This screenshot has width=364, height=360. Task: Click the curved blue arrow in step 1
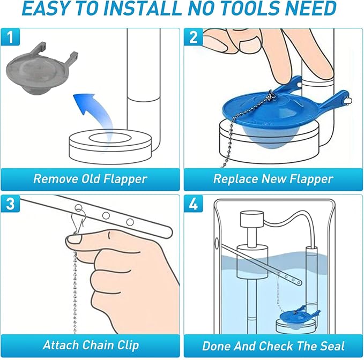click(89, 107)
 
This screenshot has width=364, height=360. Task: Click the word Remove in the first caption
click(54, 179)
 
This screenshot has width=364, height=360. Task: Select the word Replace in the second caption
click(235, 179)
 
